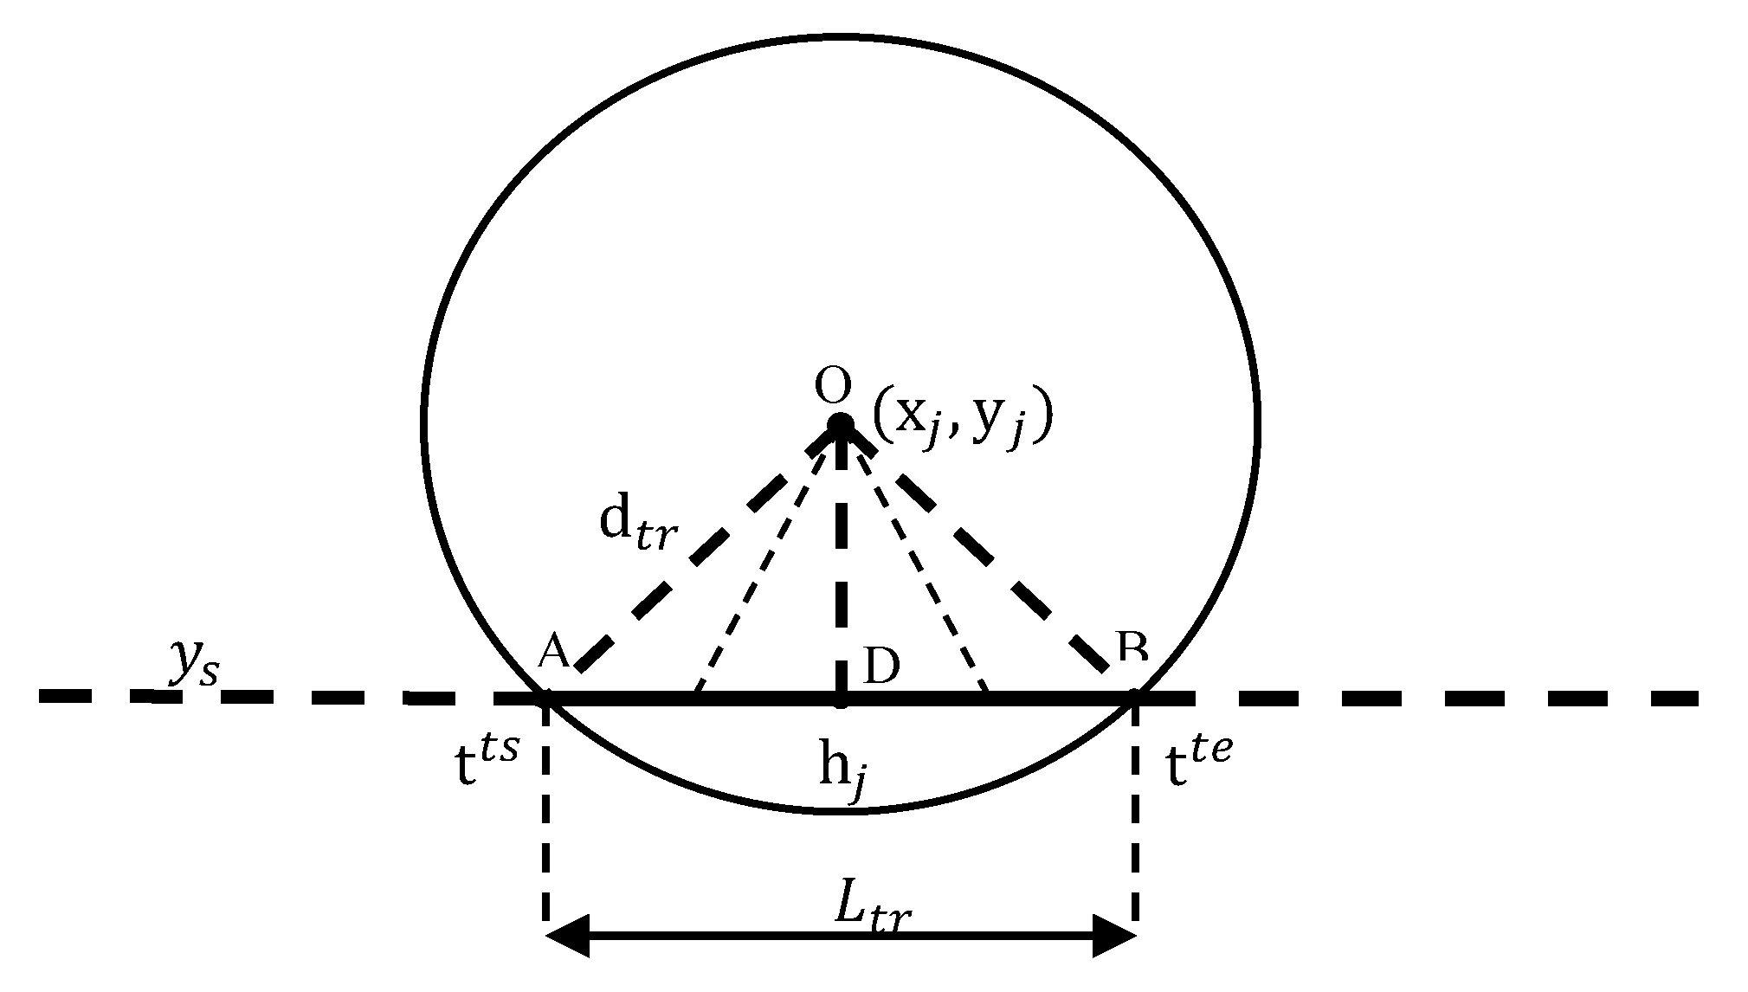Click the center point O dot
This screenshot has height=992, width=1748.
[840, 425]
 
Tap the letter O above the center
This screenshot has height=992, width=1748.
[833, 388]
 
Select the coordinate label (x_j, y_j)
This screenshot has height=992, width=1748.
[962, 418]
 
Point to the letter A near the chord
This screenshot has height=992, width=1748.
[553, 652]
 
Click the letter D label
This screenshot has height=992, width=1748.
[881, 667]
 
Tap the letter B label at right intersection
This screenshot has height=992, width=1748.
[1132, 647]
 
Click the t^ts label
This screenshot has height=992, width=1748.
[486, 761]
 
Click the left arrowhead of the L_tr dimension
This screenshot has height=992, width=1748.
[567, 937]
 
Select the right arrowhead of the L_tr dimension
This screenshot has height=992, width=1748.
[1114, 937]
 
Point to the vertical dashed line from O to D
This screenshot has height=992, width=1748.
[840, 563]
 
